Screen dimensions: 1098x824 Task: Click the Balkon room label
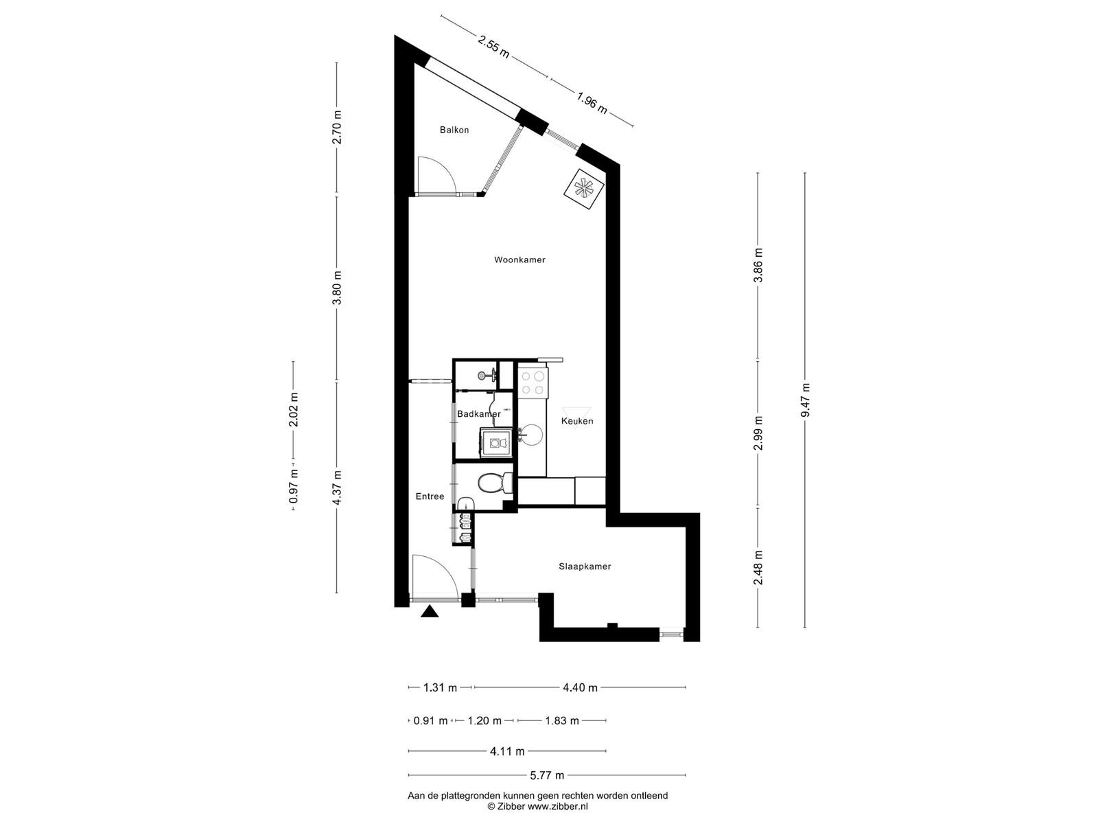coord(454,130)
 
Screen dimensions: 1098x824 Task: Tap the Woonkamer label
coord(519,260)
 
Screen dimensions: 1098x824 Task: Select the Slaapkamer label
coord(584,567)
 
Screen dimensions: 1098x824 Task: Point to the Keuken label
coord(576,421)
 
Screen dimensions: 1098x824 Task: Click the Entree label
coord(430,496)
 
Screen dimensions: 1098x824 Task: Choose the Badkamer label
coord(479,414)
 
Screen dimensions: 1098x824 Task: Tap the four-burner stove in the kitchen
coord(533,382)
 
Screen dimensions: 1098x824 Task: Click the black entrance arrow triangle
coord(429,611)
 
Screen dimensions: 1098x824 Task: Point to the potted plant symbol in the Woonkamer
coord(584,189)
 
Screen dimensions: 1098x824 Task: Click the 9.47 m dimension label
coord(805,400)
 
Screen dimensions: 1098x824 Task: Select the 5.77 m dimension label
coord(547,775)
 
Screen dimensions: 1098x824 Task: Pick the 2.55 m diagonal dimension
coord(493,47)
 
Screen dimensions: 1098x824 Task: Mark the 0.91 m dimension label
coord(430,721)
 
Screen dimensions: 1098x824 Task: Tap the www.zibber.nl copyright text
coord(558,806)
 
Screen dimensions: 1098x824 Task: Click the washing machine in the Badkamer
coord(496,443)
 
